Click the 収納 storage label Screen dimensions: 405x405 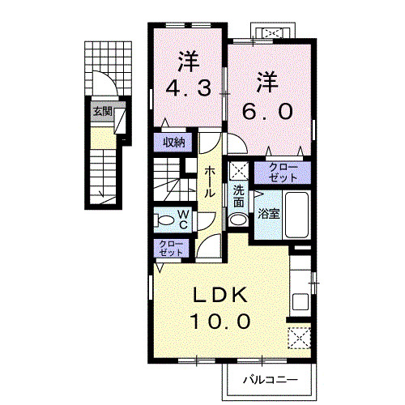(173, 143)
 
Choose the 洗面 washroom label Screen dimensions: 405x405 (239, 195)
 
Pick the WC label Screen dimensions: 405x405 (183, 218)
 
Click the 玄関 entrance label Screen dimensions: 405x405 (102, 112)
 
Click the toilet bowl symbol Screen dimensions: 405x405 (164, 219)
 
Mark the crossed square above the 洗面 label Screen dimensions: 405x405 (238, 170)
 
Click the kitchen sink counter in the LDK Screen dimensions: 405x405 (300, 292)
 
